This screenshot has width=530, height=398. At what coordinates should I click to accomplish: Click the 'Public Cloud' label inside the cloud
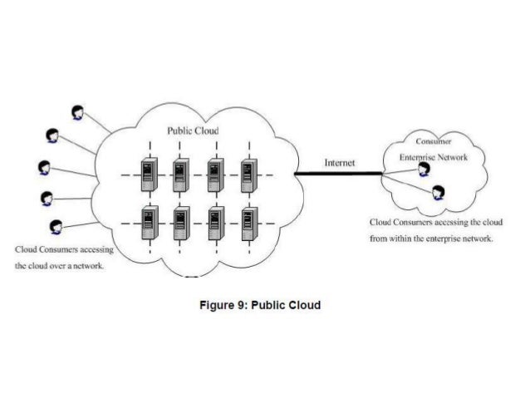(x=192, y=130)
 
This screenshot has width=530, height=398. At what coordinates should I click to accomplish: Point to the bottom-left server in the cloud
(x=148, y=223)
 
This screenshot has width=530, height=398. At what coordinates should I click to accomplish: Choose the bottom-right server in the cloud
(x=248, y=223)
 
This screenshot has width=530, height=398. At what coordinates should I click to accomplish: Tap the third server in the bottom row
(x=214, y=223)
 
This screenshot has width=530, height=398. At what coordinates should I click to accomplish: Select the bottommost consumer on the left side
(x=56, y=225)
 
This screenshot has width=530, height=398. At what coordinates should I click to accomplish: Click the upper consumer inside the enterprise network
(x=424, y=170)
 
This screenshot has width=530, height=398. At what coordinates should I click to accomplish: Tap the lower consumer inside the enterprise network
(x=438, y=193)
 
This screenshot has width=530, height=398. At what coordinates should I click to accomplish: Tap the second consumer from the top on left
(x=52, y=135)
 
